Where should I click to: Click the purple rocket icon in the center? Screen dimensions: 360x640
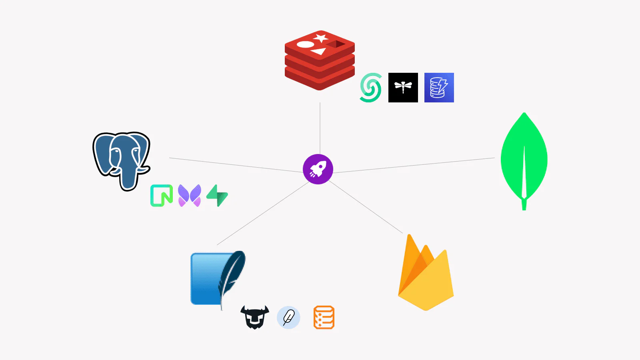coord(318,169)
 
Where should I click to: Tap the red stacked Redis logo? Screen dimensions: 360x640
coord(320,60)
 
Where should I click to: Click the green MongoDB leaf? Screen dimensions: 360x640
coord(524,160)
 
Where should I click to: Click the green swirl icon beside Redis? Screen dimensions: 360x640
coord(370,88)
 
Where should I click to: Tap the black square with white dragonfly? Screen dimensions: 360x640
coord(403,88)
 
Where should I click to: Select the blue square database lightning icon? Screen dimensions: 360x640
coord(439,88)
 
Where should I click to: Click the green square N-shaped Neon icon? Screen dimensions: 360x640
coord(162,196)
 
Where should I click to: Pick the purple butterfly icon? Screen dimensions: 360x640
coord(190,196)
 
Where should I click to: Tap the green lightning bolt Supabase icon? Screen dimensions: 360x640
coord(217,196)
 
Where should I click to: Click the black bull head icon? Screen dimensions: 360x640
coord(255,317)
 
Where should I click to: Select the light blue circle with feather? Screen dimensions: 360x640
coord(288,318)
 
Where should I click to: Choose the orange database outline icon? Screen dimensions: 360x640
coord(324,318)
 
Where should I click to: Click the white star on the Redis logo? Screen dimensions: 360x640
coord(321,38)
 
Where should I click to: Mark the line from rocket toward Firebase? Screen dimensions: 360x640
coord(366,207)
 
